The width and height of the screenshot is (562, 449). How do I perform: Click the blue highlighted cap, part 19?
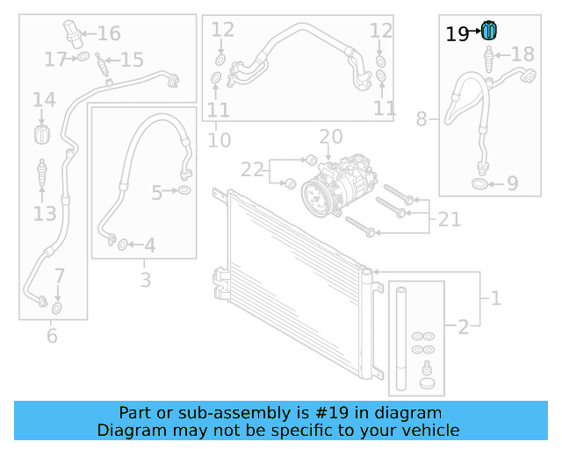490,32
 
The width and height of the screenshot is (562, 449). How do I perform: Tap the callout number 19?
458,35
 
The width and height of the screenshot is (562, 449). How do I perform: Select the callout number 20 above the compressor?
330,137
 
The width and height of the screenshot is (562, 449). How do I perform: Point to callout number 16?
109,34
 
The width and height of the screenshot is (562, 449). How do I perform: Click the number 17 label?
55,60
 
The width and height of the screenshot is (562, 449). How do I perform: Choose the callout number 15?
132,61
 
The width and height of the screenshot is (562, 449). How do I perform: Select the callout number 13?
45,214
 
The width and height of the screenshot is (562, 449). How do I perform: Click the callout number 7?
59,277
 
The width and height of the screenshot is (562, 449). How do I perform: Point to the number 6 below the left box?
52,335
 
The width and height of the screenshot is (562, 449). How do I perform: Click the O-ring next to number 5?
184,190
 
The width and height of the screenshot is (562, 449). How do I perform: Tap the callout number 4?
150,246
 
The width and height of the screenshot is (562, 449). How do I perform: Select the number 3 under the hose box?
146,281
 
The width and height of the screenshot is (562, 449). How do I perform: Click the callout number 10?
220,139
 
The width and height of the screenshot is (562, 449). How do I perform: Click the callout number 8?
421,118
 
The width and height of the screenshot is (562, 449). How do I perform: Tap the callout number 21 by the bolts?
450,219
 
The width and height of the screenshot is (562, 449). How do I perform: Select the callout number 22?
252,168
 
